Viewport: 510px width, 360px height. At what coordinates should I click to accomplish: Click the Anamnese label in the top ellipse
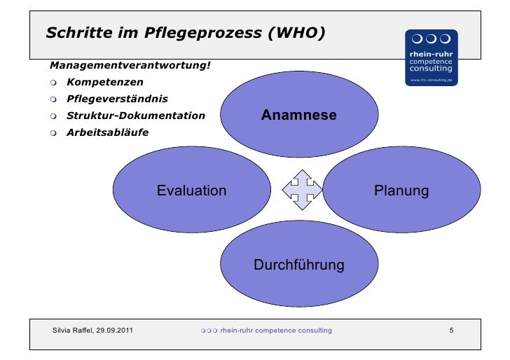click(299, 115)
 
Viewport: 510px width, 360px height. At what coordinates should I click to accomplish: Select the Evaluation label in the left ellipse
click(191, 191)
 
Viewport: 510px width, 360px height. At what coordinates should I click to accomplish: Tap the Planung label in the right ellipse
click(401, 191)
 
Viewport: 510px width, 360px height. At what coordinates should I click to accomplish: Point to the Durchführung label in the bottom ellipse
click(298, 265)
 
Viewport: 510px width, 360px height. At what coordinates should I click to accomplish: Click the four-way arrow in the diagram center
click(302, 189)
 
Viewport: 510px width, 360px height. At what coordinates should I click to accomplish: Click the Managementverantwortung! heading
click(130, 66)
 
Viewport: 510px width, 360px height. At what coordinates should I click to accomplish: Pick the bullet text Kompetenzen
click(104, 83)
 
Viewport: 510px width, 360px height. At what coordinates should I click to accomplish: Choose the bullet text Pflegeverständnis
click(117, 99)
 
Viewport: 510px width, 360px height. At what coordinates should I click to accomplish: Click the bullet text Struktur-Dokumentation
click(135, 116)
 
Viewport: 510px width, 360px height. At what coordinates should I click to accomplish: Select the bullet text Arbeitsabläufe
click(107, 132)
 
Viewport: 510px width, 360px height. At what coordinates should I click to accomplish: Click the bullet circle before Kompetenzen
click(53, 83)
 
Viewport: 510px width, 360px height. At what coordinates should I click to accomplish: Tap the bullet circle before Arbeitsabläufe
click(53, 132)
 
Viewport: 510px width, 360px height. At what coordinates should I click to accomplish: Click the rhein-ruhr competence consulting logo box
click(431, 57)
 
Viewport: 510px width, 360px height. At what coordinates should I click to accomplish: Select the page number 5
click(452, 330)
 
